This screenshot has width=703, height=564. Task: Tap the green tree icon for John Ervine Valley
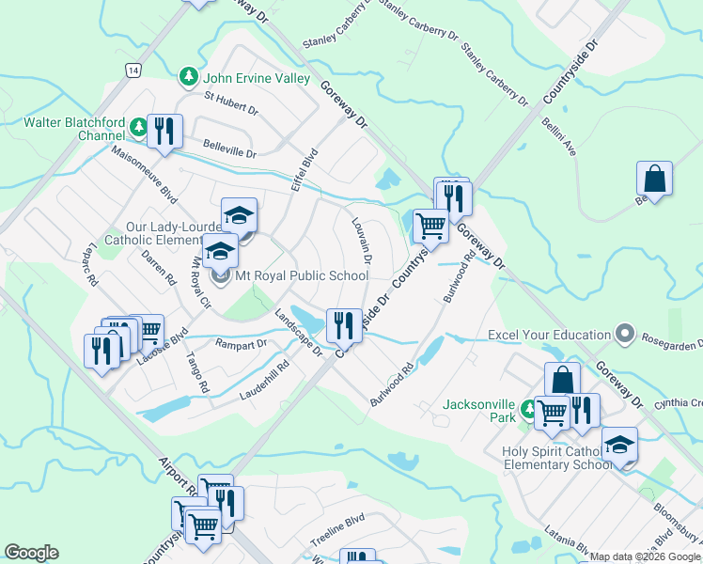point(189,75)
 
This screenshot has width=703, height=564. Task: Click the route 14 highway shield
point(132,70)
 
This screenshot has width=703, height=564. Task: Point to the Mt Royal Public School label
point(301,276)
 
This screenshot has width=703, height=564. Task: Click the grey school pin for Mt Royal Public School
point(221,276)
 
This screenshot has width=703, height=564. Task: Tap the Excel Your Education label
point(549,335)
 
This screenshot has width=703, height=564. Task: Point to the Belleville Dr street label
point(229,148)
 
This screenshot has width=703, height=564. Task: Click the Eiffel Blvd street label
point(306,168)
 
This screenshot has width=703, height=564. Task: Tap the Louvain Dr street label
point(363,242)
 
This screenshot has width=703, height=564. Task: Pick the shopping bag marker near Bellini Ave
point(654,178)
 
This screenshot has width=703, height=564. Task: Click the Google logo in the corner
point(32,553)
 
